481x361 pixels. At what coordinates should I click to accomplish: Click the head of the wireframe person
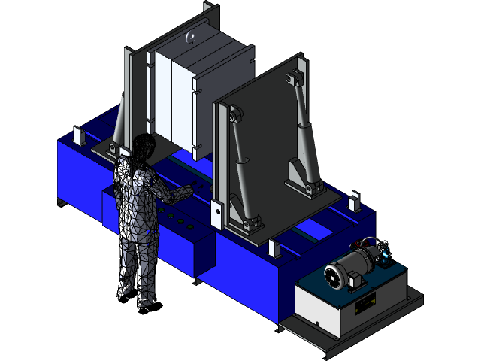(x=144, y=147)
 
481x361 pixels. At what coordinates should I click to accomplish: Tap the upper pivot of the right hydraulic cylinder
(x=292, y=78)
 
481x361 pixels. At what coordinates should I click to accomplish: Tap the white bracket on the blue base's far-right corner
(x=353, y=201)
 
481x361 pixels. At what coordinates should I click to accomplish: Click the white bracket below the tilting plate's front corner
(x=274, y=247)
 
